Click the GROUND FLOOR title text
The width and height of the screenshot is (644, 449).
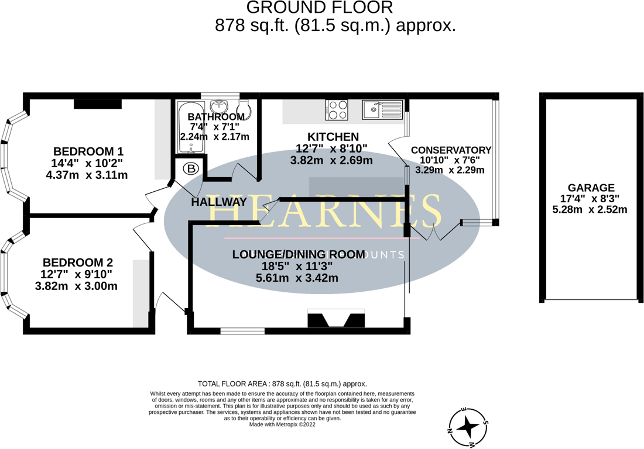tap(319, 8)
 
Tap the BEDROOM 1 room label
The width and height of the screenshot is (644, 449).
tap(88, 150)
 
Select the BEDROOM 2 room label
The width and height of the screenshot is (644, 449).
tap(77, 263)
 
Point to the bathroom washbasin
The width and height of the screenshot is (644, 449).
tap(220, 105)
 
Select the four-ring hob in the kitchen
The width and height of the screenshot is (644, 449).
tap(337, 110)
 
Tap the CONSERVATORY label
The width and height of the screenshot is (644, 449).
tap(451, 150)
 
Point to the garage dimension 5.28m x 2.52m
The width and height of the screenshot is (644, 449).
tap(590, 209)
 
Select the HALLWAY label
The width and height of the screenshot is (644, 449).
tap(219, 202)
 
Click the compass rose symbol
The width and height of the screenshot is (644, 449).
tap(468, 428)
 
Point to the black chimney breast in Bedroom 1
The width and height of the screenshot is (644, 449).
tap(98, 104)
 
